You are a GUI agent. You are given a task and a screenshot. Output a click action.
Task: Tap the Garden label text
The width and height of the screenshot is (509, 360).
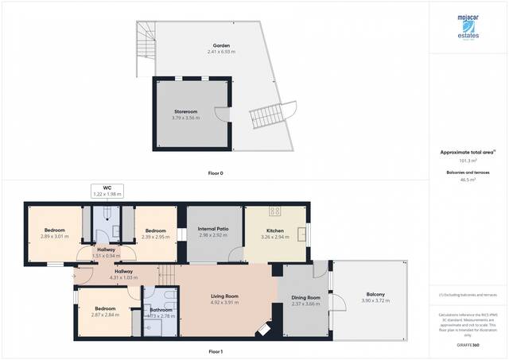pyautogui.click(x=221, y=45)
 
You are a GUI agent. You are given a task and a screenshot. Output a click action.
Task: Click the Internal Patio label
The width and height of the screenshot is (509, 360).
pyautogui.click(x=213, y=229)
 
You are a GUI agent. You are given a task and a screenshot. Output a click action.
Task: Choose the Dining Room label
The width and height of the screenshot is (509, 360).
pyautogui.click(x=305, y=297)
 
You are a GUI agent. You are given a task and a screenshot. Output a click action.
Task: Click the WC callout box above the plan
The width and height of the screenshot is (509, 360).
pyautogui.click(x=107, y=191)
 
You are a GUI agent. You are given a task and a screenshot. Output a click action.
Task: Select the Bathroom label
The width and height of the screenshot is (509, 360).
pyautogui.click(x=161, y=310)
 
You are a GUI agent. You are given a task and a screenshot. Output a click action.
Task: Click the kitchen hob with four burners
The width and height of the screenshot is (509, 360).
pyautogui.click(x=276, y=211)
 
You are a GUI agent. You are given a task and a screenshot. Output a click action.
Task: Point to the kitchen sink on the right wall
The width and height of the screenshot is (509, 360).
pyautogui.click(x=302, y=234)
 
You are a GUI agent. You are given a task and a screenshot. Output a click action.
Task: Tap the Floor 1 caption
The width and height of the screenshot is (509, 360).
pyautogui.click(x=216, y=350)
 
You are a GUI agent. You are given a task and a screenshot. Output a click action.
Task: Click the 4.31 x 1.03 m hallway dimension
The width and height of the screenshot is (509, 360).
pyautogui.click(x=123, y=277)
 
